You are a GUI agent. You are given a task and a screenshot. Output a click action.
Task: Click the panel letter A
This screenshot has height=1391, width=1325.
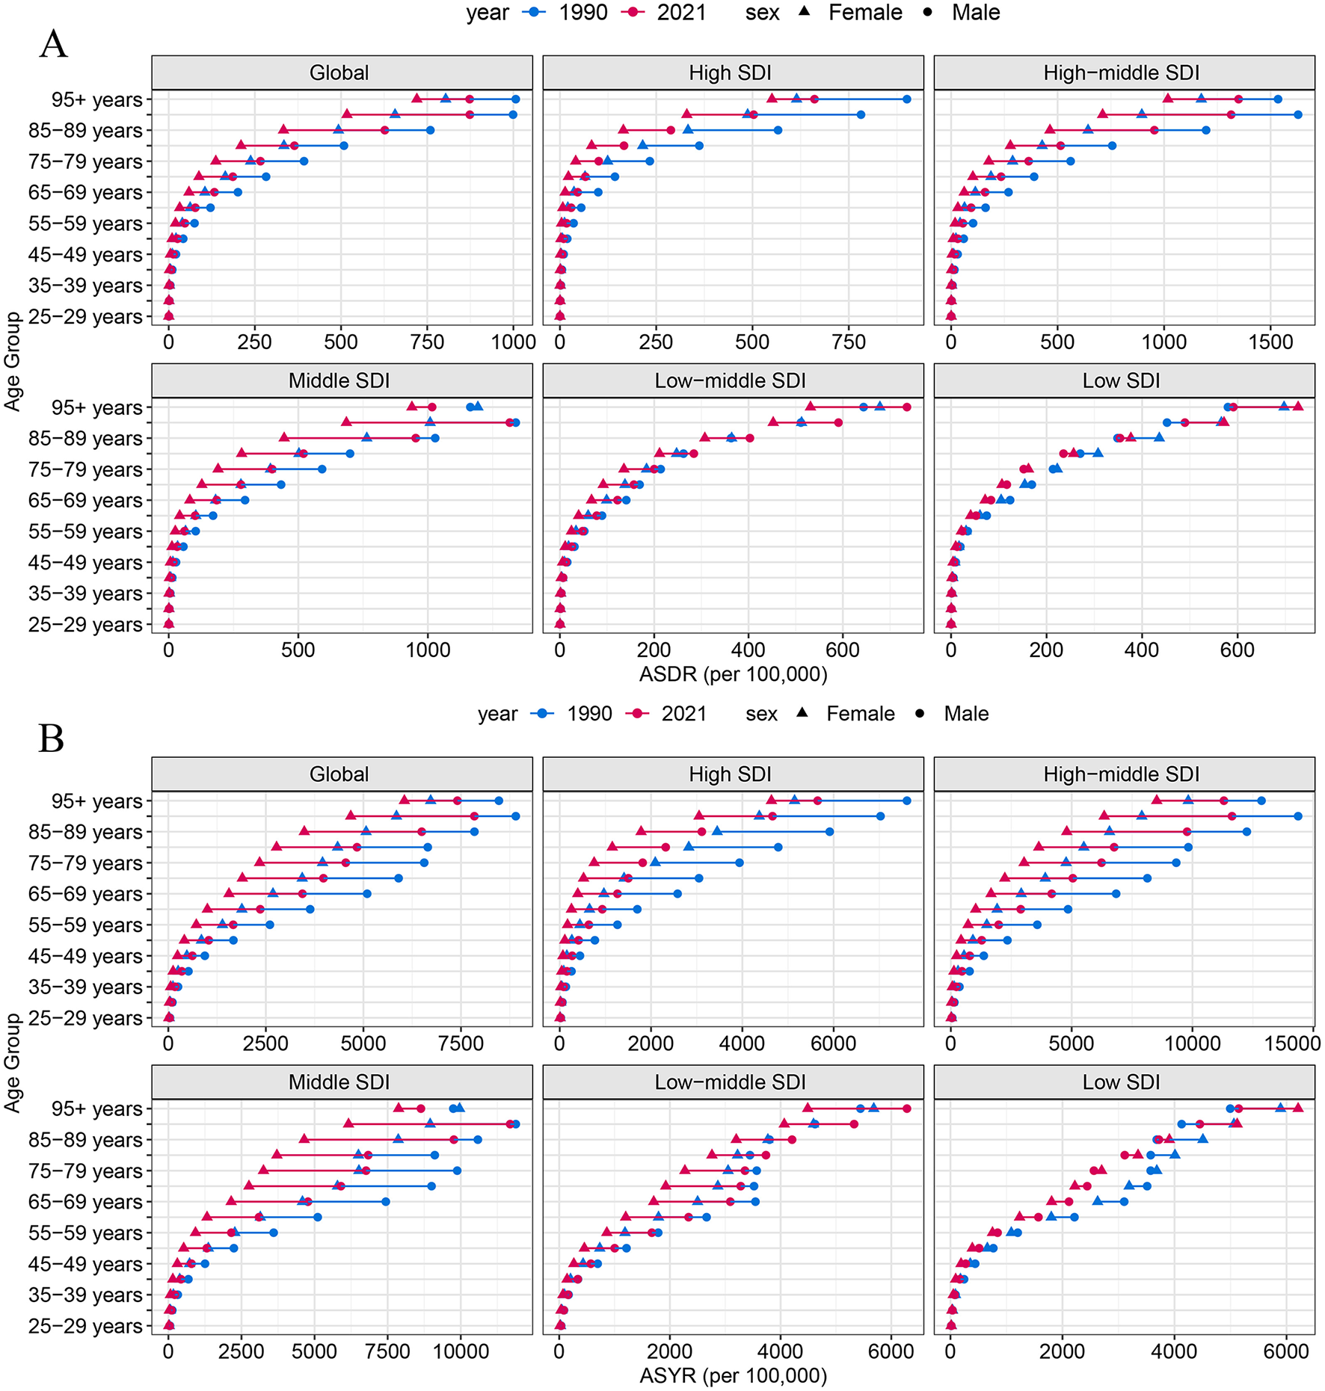coord(53,44)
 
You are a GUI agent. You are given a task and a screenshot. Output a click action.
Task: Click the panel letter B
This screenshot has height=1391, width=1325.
coord(51,738)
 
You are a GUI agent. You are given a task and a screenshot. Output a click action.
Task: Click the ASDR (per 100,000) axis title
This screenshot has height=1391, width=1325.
coord(733,674)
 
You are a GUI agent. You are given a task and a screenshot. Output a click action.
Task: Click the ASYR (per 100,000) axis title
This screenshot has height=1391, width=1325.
coord(733,1375)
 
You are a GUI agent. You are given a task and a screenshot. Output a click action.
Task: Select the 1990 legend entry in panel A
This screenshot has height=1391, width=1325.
coord(583,13)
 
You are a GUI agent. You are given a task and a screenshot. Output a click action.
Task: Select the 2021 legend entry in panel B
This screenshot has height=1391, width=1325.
coord(683,714)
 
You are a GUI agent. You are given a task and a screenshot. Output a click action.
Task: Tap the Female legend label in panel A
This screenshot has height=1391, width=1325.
coord(865,13)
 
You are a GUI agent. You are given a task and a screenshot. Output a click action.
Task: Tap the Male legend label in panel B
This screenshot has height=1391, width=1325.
coord(966,714)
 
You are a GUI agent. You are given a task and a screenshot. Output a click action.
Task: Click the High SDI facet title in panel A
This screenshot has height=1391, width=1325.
coord(730,73)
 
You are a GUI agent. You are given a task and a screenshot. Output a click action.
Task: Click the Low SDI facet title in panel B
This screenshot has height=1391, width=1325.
coord(1121,1082)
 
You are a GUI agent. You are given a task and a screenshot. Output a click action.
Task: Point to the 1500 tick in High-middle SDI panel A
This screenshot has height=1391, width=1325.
coord(1270,342)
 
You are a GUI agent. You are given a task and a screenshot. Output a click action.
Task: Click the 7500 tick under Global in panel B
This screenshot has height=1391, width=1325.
coord(461,1043)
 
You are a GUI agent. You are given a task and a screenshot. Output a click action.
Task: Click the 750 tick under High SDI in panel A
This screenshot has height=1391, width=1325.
coord(849,342)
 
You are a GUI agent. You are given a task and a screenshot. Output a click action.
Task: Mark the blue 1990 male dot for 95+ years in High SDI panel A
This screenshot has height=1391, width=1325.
coord(906,99)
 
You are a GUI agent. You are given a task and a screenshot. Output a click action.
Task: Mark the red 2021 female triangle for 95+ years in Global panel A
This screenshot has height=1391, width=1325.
coord(416,99)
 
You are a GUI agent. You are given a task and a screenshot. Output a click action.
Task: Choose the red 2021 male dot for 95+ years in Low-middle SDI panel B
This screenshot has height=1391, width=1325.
coord(906,1108)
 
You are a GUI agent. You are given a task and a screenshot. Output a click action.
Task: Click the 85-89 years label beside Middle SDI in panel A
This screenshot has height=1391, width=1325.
coord(85,439)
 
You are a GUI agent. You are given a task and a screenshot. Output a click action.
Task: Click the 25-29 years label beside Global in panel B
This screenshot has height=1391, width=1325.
coord(85,1018)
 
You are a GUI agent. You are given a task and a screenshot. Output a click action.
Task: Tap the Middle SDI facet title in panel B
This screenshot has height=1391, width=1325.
coord(339,1082)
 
